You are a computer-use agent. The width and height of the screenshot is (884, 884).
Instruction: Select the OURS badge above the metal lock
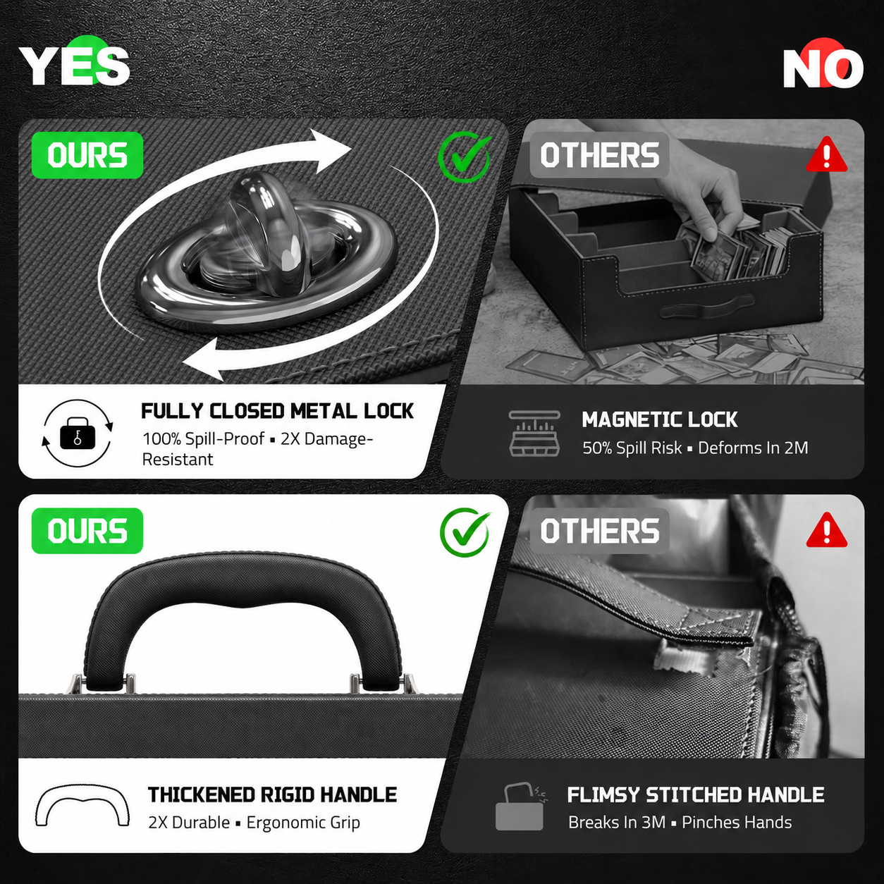click(x=87, y=155)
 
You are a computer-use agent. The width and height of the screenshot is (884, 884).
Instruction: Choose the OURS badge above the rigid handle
click(x=87, y=531)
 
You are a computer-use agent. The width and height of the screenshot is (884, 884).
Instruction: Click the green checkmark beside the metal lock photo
click(x=465, y=156)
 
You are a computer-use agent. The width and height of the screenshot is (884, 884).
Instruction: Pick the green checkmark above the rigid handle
click(x=465, y=532)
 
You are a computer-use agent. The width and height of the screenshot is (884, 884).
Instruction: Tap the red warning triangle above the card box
click(x=826, y=155)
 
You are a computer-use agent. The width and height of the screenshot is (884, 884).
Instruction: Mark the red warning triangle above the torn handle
click(x=826, y=530)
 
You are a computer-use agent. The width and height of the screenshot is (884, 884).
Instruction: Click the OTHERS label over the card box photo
click(x=600, y=155)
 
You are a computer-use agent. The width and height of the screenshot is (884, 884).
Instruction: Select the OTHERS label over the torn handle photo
click(x=600, y=531)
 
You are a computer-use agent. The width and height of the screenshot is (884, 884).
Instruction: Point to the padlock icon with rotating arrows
click(x=78, y=434)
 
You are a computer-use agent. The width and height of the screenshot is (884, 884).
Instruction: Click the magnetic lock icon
click(x=534, y=434)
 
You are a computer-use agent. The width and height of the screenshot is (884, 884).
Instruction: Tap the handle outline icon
click(x=82, y=806)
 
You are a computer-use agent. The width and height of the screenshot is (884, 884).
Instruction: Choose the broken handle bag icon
click(x=521, y=806)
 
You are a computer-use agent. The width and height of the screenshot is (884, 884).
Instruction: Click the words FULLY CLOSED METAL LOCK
click(x=277, y=411)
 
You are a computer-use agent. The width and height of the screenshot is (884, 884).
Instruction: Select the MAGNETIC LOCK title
click(x=660, y=419)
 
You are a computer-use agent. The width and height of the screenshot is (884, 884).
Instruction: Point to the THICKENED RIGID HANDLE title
click(x=273, y=795)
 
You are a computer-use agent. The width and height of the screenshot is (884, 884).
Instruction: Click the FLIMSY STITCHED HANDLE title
click(x=696, y=795)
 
